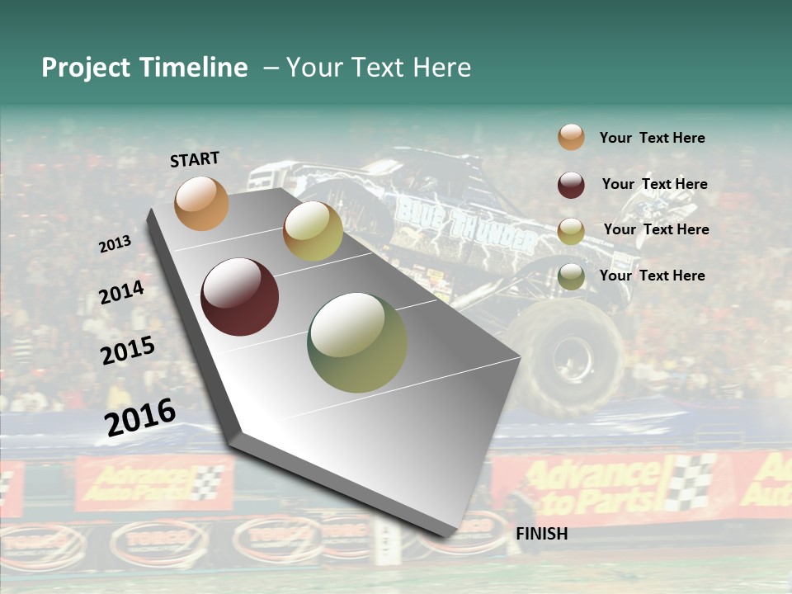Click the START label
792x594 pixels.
[195, 159]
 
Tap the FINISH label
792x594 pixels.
[541, 534]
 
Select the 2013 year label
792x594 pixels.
[115, 243]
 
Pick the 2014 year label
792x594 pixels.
[121, 292]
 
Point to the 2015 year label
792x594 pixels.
[127, 351]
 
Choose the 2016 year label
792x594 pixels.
[139, 417]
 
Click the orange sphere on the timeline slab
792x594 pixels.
[201, 203]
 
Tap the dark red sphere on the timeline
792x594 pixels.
[240, 297]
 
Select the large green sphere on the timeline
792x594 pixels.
[357, 342]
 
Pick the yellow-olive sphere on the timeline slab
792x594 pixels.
[313, 231]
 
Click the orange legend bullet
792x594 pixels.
[571, 138]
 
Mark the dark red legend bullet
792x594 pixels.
[571, 185]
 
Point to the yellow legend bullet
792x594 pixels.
[571, 231]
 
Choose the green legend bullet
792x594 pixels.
[571, 276]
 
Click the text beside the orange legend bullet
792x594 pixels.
[652, 138]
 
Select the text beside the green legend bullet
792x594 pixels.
[652, 276]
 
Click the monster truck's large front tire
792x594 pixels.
[565, 355]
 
